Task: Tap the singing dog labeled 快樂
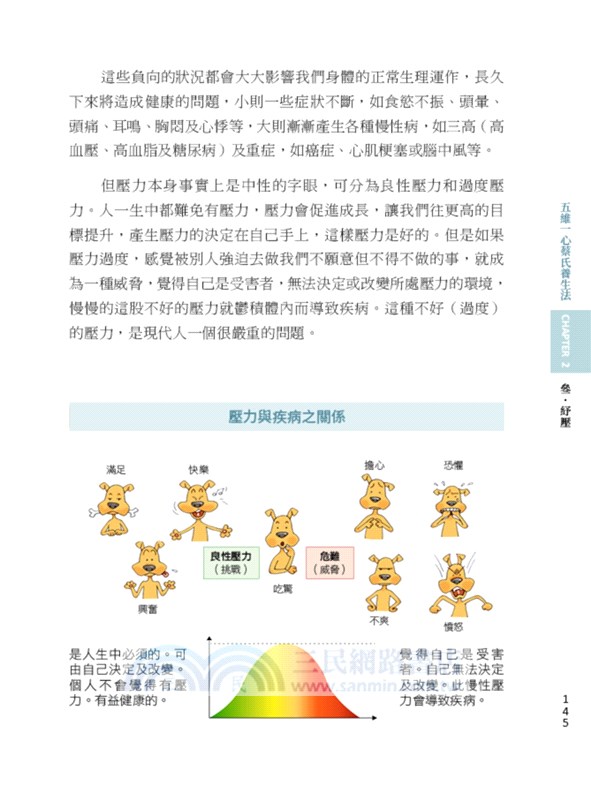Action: (x=202, y=506)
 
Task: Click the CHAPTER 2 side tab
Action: (x=565, y=340)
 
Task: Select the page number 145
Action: (x=566, y=709)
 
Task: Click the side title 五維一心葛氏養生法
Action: (x=565, y=250)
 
